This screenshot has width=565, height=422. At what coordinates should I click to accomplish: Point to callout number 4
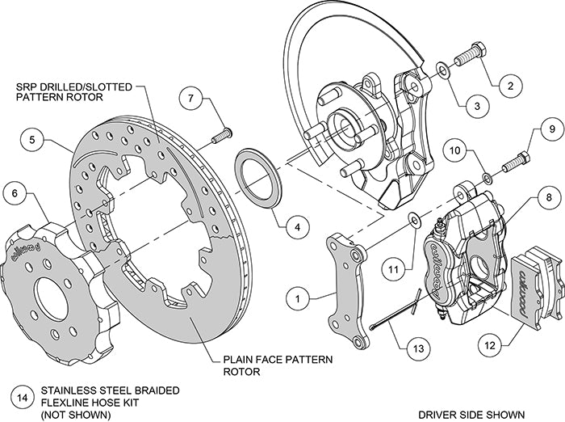point(297,227)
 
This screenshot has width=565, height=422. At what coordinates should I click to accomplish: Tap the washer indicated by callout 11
point(413,218)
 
